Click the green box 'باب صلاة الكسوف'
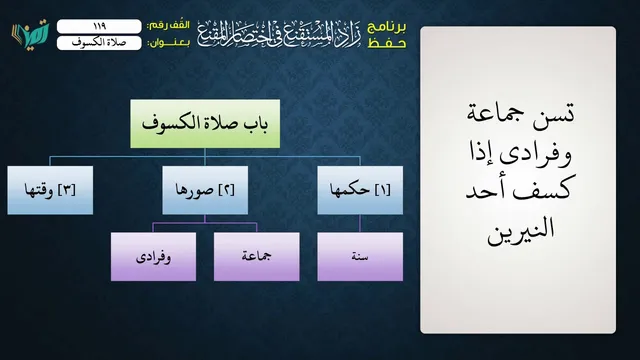pyautogui.click(x=205, y=124)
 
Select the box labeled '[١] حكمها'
pyautogui.click(x=360, y=190)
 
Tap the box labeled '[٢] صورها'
pyautogui.click(x=205, y=190)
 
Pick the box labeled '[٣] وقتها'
pyautogui.click(x=50, y=190)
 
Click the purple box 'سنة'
pyautogui.click(x=360, y=257)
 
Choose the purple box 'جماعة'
pyautogui.click(x=257, y=257)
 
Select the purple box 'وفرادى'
pyautogui.click(x=153, y=257)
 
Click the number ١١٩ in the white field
pyautogui.click(x=100, y=26)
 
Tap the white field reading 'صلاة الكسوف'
pyautogui.click(x=99, y=43)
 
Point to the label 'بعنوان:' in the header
pyautogui.click(x=169, y=43)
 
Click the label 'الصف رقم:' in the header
pyautogui.click(x=169, y=25)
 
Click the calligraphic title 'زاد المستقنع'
pyautogui.click(x=318, y=35)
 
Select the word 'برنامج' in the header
pyautogui.click(x=387, y=27)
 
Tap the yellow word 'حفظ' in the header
pyautogui.click(x=387, y=43)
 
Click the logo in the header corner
pyautogui.click(x=30, y=35)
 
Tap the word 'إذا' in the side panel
pyautogui.click(x=502, y=152)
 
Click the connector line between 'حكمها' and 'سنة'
pyautogui.click(x=360, y=223)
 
